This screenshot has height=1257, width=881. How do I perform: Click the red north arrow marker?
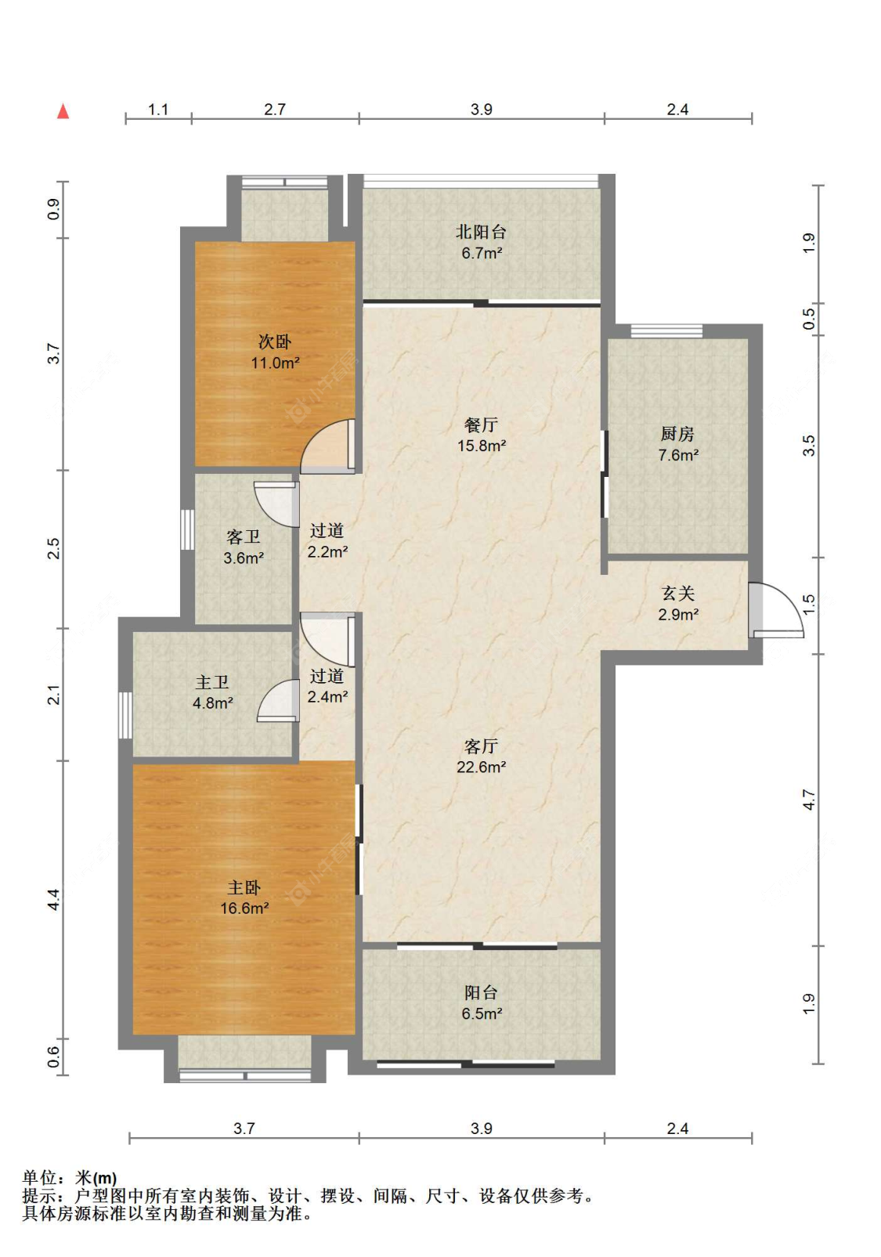63,111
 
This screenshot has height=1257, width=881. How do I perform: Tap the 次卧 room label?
274,341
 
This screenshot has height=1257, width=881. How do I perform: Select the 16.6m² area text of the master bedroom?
244,908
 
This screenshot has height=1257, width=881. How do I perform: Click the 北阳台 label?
481,232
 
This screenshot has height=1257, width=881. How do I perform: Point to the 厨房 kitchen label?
677,433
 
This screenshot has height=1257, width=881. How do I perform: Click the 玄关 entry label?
678,593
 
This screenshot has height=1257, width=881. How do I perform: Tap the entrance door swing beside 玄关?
777,611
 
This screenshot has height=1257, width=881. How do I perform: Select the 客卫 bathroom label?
243,536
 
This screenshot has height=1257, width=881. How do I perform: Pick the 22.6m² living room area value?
481,767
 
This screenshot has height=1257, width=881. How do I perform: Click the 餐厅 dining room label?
481,424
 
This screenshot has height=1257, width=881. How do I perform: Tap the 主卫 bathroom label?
212,682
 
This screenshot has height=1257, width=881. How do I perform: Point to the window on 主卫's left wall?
125,715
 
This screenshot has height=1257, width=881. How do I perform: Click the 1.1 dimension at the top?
157,110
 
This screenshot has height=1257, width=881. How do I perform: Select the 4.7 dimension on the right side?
809,799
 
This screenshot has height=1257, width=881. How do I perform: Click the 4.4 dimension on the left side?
53,900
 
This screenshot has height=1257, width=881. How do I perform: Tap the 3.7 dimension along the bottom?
244,1129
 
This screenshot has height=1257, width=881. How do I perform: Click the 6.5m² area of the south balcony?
482,1013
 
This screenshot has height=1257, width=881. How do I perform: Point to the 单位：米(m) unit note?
70,1177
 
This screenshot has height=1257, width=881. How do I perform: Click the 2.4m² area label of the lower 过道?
327,696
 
